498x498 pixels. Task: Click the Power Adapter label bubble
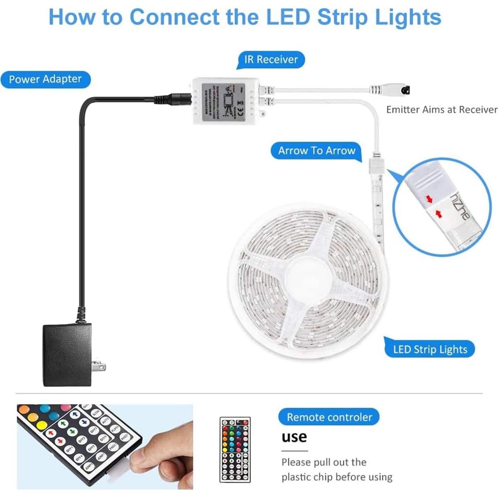(x=45, y=79)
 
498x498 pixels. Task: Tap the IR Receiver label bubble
(x=271, y=60)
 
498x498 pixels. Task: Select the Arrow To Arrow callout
(x=317, y=151)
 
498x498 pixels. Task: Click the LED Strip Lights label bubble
(x=430, y=349)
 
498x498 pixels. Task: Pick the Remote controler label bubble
(x=329, y=417)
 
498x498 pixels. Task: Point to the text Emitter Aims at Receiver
(x=442, y=110)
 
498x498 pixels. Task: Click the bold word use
(x=294, y=437)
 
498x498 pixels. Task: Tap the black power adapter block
(x=67, y=355)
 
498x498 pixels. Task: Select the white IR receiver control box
(x=226, y=101)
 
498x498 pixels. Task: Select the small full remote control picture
(x=235, y=450)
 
